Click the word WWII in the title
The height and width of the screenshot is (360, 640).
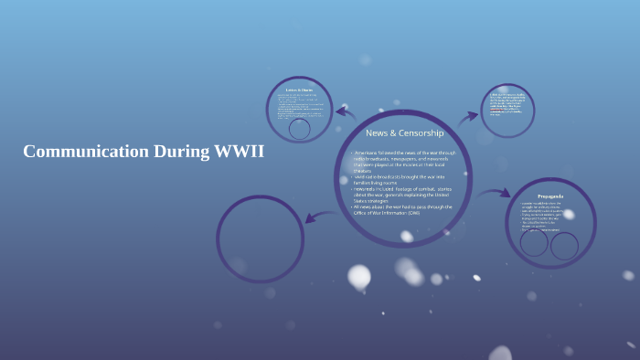[239, 152]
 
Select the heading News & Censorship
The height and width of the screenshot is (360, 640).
[404, 133]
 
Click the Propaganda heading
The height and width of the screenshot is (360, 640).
[550, 196]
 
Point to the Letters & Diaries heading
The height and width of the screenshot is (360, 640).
[299, 90]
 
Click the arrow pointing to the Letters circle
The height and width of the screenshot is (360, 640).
[345, 113]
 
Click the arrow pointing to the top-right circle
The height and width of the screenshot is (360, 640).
[468, 116]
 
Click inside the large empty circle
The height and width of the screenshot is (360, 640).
[260, 238]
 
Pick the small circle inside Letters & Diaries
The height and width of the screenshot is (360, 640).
[299, 128]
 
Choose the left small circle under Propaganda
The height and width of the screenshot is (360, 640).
[536, 245]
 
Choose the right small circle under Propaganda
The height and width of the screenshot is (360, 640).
[564, 246]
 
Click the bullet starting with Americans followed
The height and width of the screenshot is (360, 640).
[403, 159]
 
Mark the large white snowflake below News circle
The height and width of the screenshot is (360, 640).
[359, 276]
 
